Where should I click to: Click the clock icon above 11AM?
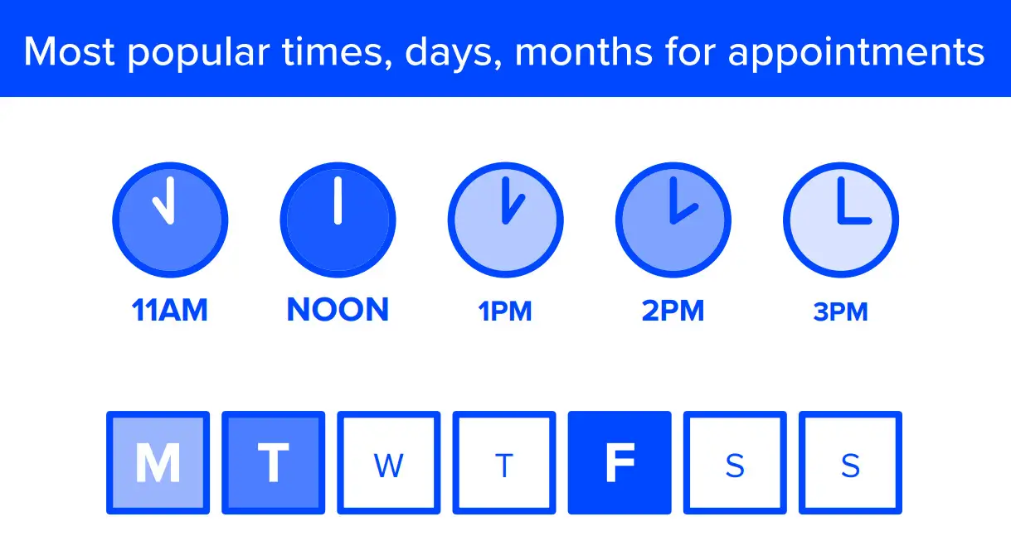[170, 220]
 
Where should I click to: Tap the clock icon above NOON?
[338, 220]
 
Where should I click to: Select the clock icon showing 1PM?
[506, 220]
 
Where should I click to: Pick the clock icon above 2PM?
[673, 220]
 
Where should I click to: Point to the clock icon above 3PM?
[841, 220]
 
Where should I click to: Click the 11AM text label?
[170, 310]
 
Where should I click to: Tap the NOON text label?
[338, 310]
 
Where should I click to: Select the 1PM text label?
[505, 311]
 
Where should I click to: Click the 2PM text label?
[673, 311]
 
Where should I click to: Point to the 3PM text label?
[840, 312]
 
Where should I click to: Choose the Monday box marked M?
[158, 462]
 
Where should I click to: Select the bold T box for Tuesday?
[274, 462]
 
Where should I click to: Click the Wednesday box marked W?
[389, 462]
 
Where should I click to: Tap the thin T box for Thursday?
[504, 462]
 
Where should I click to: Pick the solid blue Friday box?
[620, 462]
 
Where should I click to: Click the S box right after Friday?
[735, 462]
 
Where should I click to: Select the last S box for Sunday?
[850, 462]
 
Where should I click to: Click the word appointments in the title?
[856, 53]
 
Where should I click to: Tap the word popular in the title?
[198, 53]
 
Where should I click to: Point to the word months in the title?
[584, 51]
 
